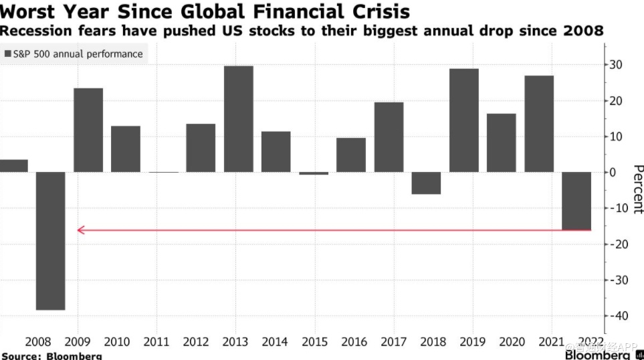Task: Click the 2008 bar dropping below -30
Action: pyautogui.click(x=51, y=241)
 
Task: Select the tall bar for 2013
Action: pyautogui.click(x=239, y=118)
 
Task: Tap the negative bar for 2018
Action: pyautogui.click(x=426, y=183)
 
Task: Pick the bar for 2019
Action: pyautogui.click(x=464, y=120)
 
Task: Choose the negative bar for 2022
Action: pyautogui.click(x=576, y=201)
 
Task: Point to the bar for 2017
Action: pyautogui.click(x=389, y=137)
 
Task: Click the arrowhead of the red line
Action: pyautogui.click(x=81, y=230)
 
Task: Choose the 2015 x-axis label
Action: pyautogui.click(x=314, y=343)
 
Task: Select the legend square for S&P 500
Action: pyautogui.click(x=8, y=54)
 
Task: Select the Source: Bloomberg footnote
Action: pyautogui.click(x=51, y=355)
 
